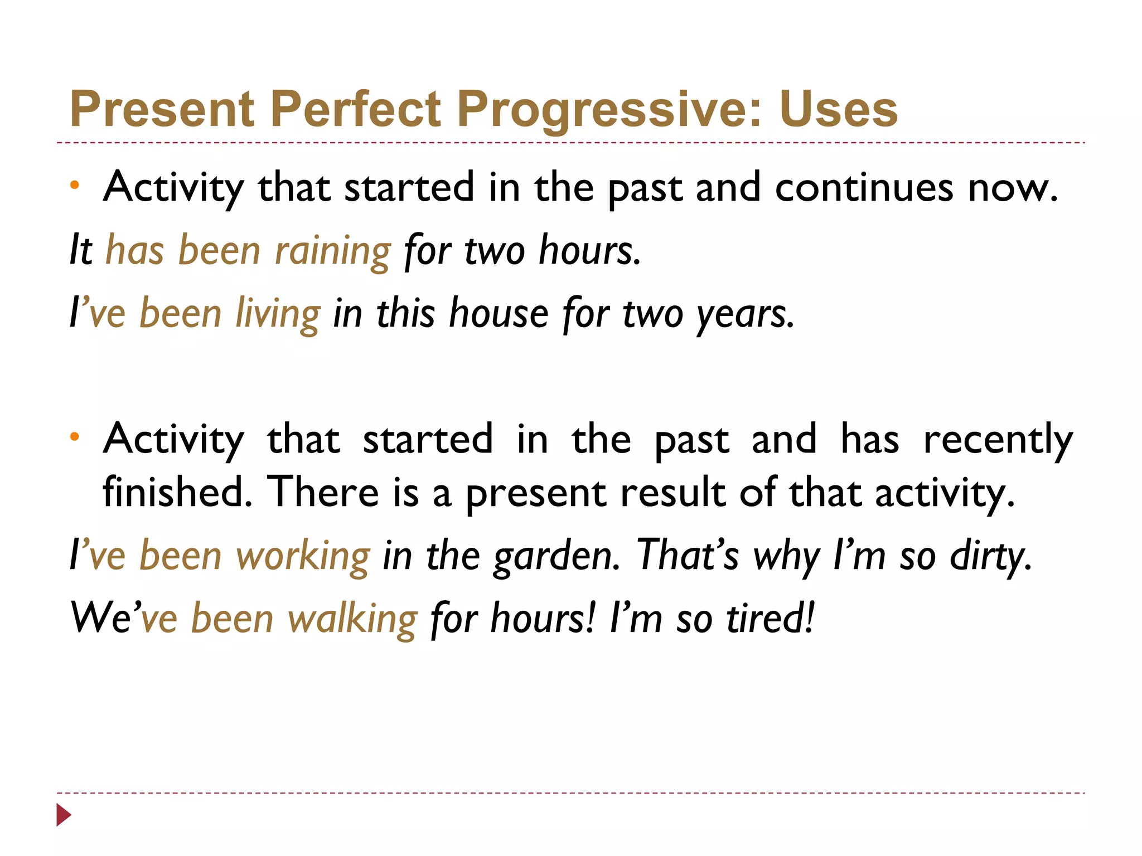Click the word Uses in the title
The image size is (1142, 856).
coord(839,109)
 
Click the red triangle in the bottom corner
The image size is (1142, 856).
coord(64,815)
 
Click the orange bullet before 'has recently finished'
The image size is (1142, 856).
coord(75,437)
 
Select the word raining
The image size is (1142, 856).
coord(333,251)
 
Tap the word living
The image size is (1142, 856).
coord(278,314)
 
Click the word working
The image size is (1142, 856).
coord(303,557)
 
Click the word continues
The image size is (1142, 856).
coord(864,188)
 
